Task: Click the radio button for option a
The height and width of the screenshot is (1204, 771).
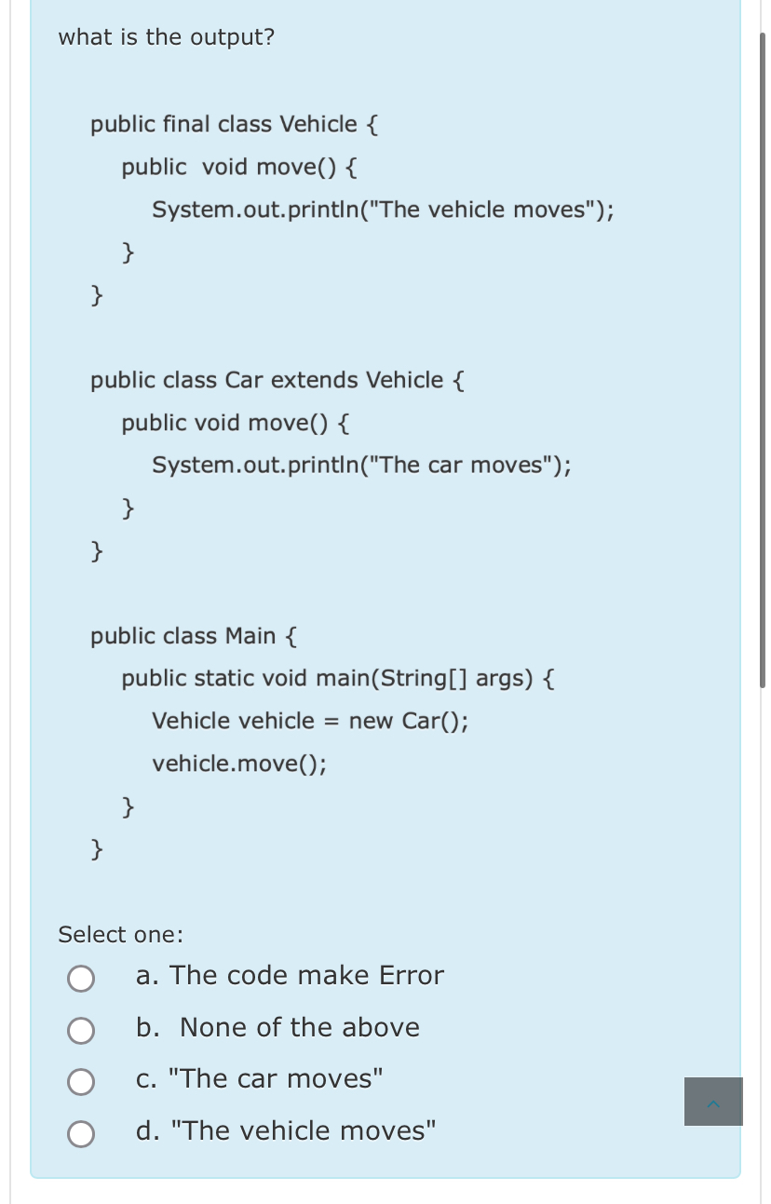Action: point(81,978)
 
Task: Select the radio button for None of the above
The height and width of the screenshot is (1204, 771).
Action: point(81,1030)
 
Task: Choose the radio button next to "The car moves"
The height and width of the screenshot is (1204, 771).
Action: point(81,1081)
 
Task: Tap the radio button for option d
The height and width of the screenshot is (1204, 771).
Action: point(81,1133)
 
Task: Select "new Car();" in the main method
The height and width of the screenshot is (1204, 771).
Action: point(409,721)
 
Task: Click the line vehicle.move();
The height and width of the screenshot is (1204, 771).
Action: point(239,764)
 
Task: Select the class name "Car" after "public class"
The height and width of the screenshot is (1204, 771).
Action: point(246,380)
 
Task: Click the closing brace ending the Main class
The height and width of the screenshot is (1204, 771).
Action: point(97,847)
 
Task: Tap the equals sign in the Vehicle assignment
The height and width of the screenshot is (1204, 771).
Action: point(331,722)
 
